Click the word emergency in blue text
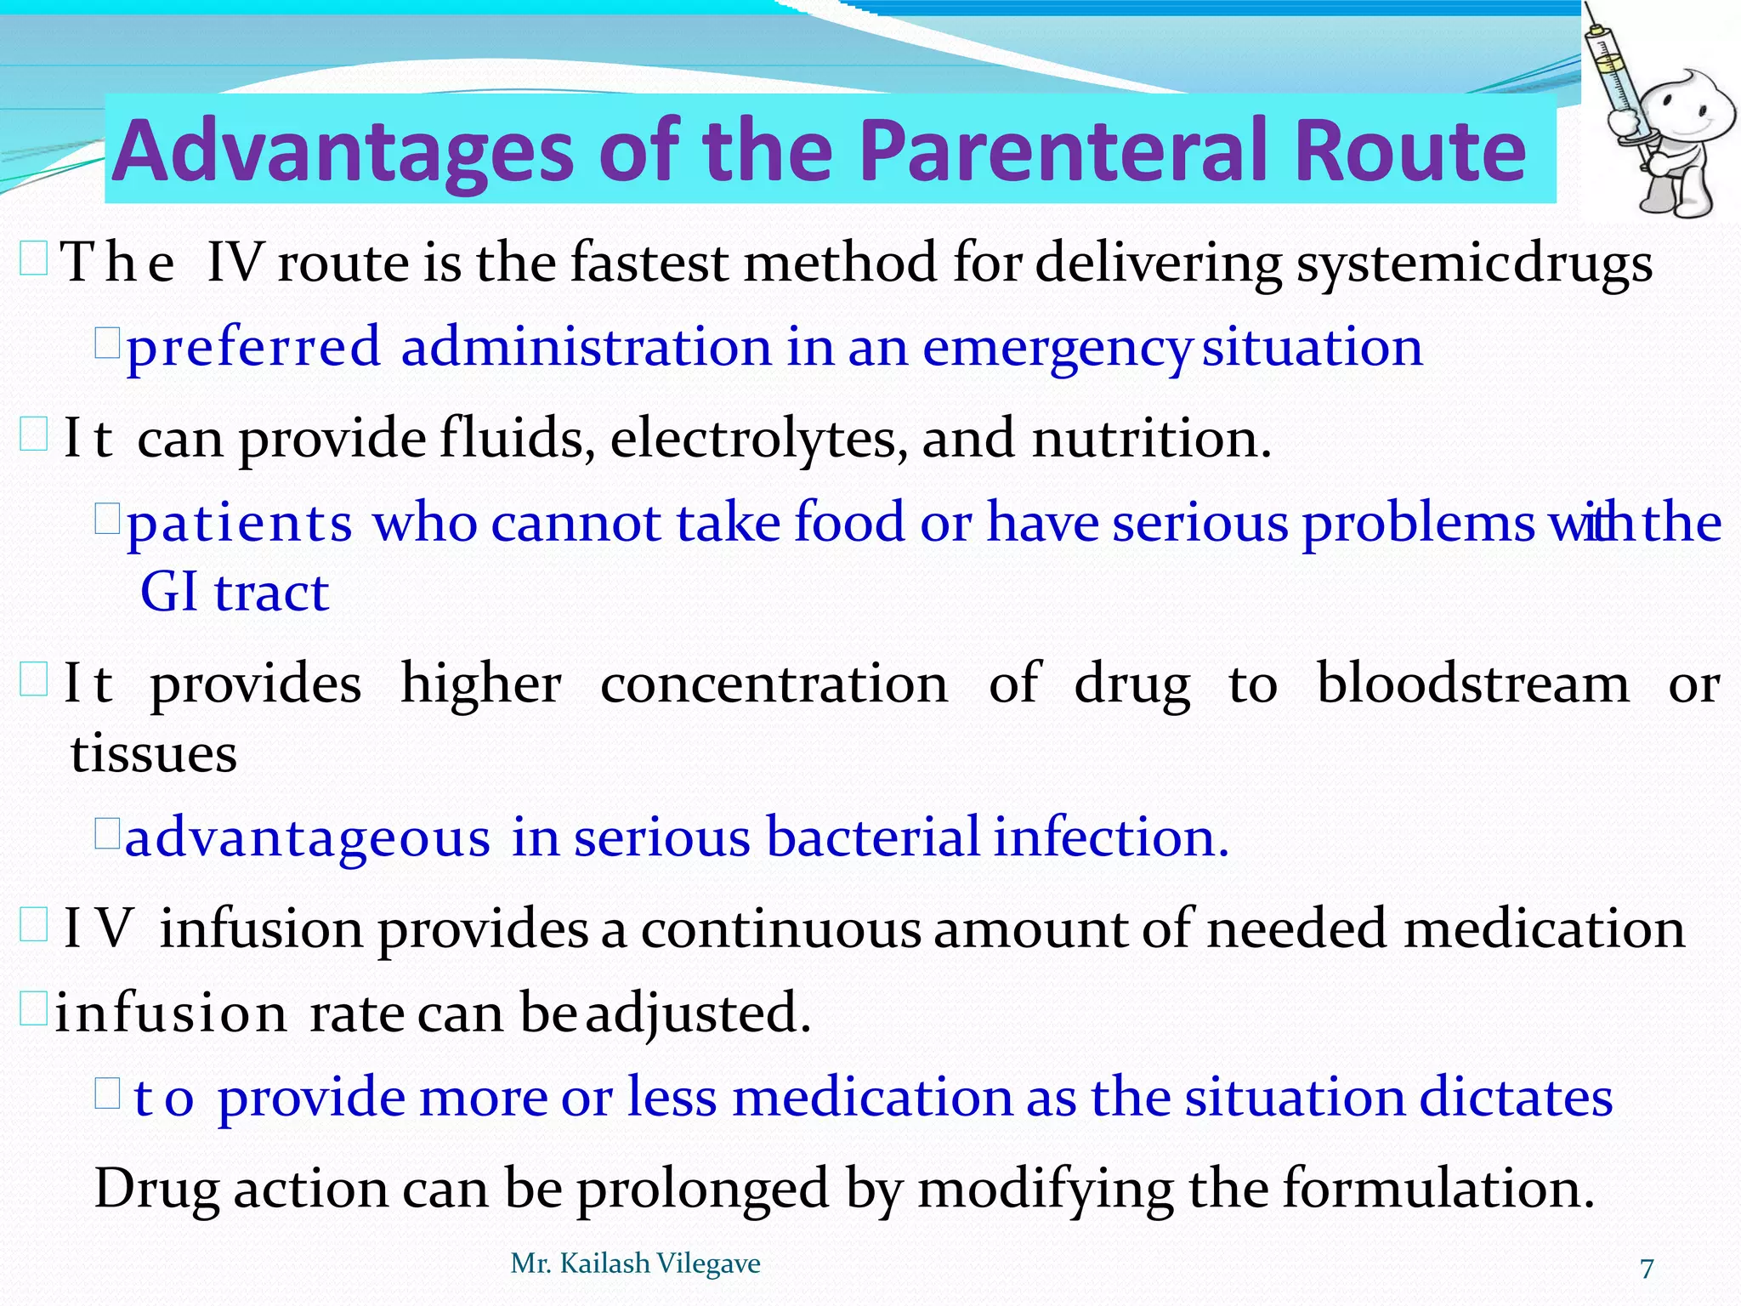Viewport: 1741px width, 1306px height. pos(1054,349)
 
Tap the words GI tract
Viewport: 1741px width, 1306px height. pos(234,593)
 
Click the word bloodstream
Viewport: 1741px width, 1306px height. pos(1473,684)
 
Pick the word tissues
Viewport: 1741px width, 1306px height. pos(153,754)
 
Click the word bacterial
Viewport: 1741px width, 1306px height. pos(872,838)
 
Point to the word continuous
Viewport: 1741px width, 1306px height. pos(780,928)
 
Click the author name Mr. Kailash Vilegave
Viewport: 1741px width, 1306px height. pos(635,1263)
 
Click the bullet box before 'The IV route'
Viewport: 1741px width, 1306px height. pos(33,258)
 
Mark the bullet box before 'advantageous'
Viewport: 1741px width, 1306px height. pos(106,833)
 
